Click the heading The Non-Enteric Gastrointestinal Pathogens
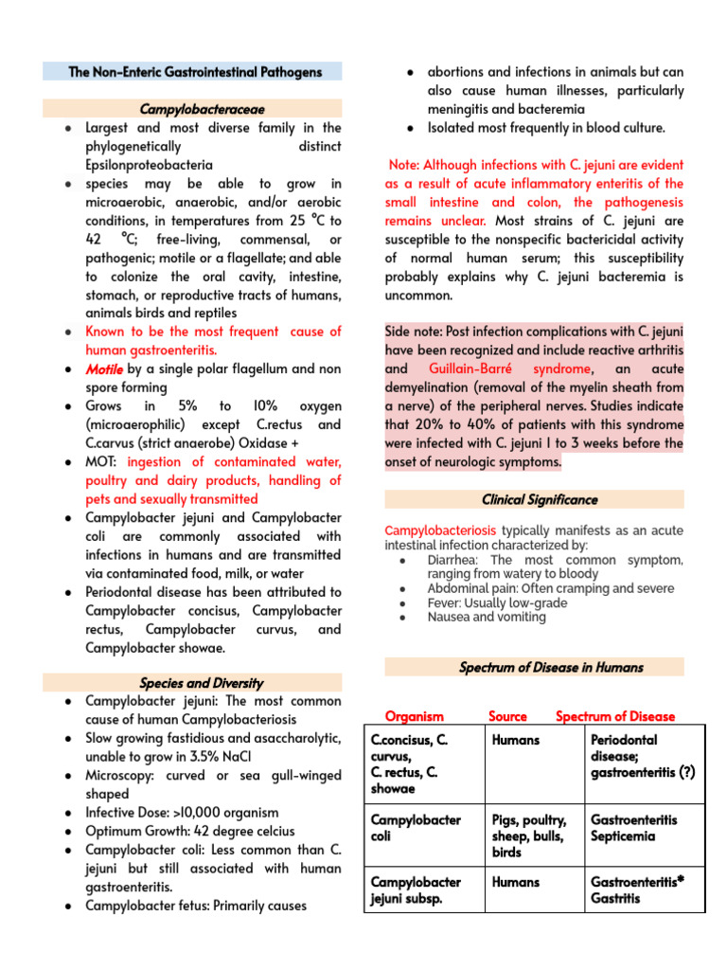click(x=195, y=72)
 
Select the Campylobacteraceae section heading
click(x=195, y=109)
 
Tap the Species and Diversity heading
click(x=201, y=682)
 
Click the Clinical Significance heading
click(x=540, y=499)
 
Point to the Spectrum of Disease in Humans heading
click(x=551, y=667)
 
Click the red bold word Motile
click(x=104, y=368)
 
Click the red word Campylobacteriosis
click(x=440, y=530)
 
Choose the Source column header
click(x=507, y=716)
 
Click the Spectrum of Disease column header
click(x=615, y=716)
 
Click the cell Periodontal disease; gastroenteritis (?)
click(x=643, y=756)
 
